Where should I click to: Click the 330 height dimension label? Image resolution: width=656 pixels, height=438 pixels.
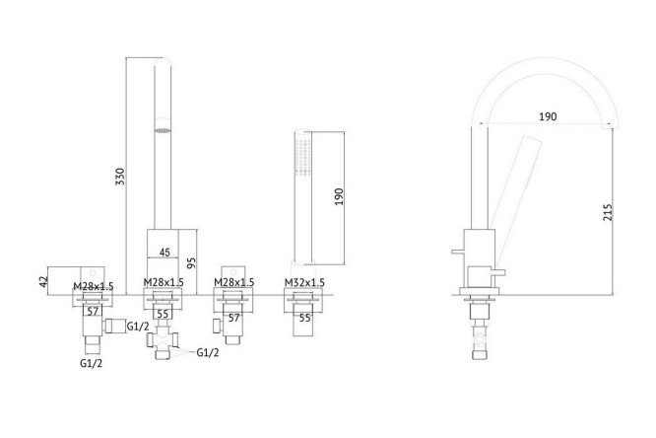pos(120,178)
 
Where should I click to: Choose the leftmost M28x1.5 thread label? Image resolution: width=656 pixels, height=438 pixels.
pos(94,285)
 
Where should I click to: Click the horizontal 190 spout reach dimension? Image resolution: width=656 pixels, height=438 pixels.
pos(548,116)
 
